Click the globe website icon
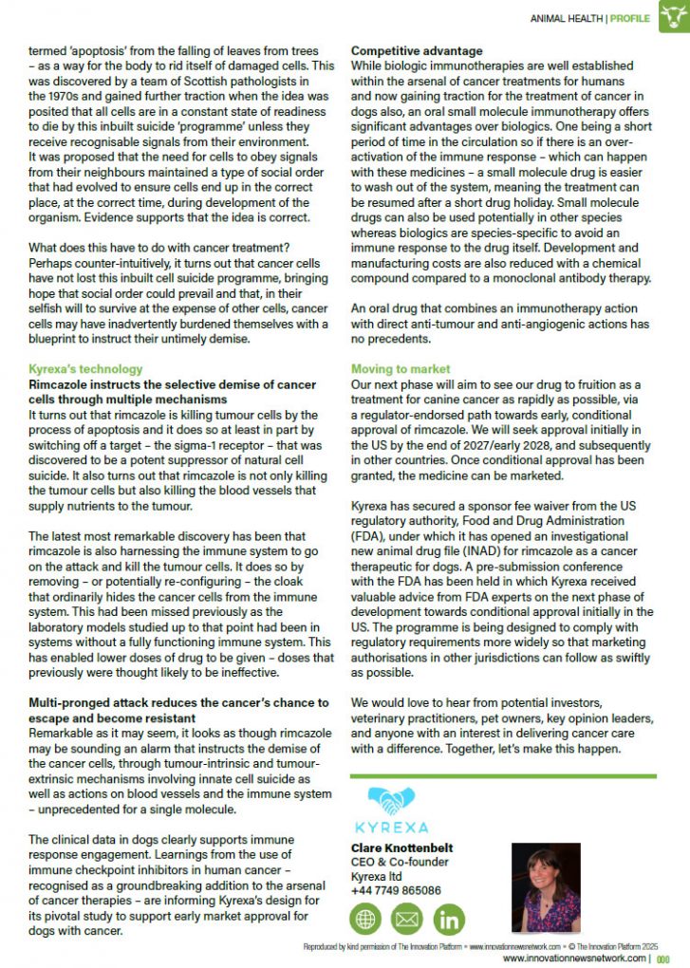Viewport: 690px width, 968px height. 367,918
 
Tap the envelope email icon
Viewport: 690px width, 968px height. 408,918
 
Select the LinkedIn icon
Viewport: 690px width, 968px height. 449,918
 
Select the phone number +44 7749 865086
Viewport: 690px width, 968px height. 396,890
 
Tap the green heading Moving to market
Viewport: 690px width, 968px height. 401,368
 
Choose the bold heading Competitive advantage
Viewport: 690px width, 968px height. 417,50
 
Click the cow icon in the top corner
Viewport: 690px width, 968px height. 674,16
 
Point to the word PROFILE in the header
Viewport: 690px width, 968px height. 629,17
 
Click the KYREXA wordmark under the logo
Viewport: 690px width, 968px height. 391,828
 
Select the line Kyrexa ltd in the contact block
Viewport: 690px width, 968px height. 377,876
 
